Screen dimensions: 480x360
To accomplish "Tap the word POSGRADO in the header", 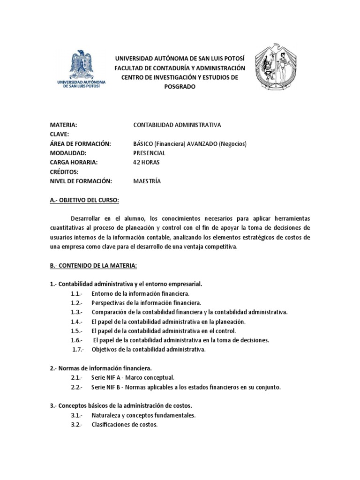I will pos(180,87).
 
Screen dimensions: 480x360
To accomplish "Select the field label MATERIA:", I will pos(63,125).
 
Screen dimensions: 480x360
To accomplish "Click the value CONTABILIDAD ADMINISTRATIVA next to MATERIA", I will pos(177,125).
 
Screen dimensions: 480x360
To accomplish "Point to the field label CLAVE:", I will pos(60,135).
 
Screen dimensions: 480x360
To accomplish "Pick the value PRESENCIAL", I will pos(150,153).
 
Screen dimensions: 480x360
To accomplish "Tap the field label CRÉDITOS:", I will pos(64,172).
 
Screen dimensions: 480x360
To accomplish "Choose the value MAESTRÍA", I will pos(147,181).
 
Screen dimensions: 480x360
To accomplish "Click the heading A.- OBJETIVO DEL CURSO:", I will pos(85,201).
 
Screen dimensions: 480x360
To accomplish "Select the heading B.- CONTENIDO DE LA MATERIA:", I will pos(93,266).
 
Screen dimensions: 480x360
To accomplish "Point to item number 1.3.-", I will pos(76,312).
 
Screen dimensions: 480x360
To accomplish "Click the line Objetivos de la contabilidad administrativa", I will pos(149,350).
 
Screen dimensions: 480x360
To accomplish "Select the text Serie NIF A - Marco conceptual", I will pos(133,378).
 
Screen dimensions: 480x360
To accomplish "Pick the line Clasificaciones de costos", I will pos(124,425).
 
